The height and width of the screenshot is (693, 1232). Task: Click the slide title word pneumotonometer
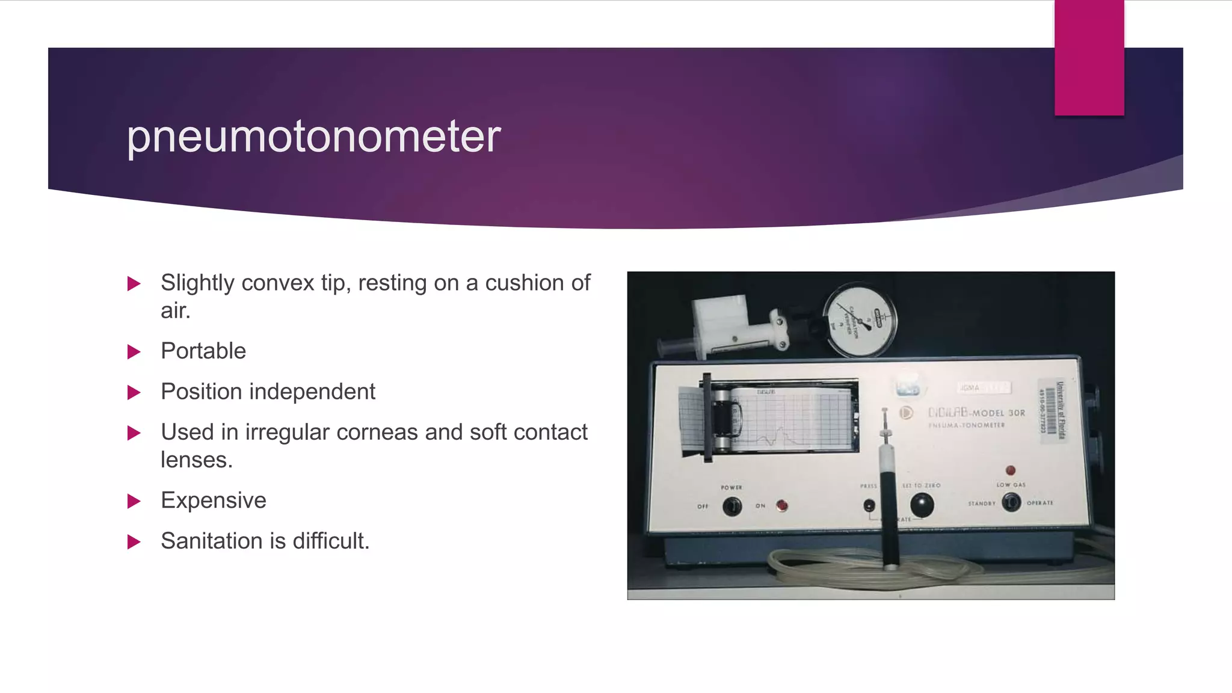coord(313,137)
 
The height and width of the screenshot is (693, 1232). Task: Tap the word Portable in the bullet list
coord(203,351)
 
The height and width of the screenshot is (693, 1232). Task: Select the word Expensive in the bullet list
coord(214,500)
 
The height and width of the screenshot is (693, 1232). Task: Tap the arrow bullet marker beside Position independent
coord(134,393)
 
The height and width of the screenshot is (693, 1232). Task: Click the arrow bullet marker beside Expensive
coord(134,501)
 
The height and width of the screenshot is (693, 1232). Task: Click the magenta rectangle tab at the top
coord(1089,57)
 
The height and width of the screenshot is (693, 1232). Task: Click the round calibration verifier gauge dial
coord(860,320)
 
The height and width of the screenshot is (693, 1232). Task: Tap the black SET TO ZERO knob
coord(921,504)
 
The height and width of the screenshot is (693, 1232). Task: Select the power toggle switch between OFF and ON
coord(731,506)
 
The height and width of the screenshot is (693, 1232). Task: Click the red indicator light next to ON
coord(782,505)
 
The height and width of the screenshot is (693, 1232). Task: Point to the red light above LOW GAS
coord(1011,470)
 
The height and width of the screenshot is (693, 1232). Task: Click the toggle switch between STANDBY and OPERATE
coord(1011,502)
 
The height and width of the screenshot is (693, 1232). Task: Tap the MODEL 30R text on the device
coord(998,413)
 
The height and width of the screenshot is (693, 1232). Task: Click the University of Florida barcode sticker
coord(1052,411)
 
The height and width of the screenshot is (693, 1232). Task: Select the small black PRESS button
coord(869,505)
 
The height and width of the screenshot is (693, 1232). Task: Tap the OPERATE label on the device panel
coord(1039,503)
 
